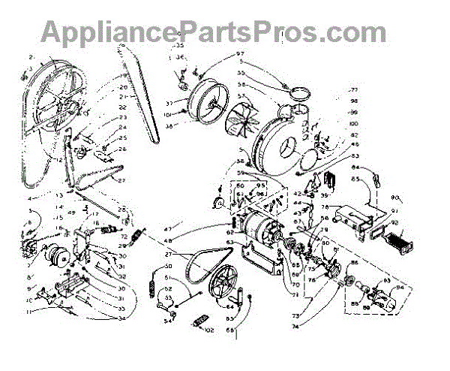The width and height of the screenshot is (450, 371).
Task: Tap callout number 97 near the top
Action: (x=241, y=53)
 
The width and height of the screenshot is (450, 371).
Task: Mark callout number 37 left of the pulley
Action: (x=170, y=103)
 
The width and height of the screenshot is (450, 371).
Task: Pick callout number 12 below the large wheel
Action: (x=57, y=161)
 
